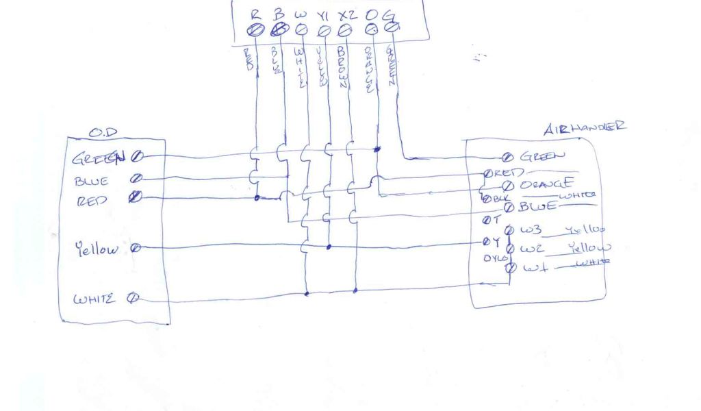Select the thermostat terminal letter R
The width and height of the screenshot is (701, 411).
tap(255, 12)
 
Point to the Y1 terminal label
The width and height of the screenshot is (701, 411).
tap(324, 13)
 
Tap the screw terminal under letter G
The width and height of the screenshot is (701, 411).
tap(392, 27)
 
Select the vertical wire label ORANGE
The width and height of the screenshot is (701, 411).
tap(368, 68)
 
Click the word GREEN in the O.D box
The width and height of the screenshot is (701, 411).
tap(99, 160)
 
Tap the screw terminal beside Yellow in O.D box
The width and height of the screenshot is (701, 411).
tap(136, 248)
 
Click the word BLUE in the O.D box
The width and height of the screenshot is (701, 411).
tap(91, 181)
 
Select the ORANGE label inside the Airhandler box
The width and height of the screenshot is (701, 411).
tap(546, 184)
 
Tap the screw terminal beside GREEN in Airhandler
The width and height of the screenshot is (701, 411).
tap(509, 158)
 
